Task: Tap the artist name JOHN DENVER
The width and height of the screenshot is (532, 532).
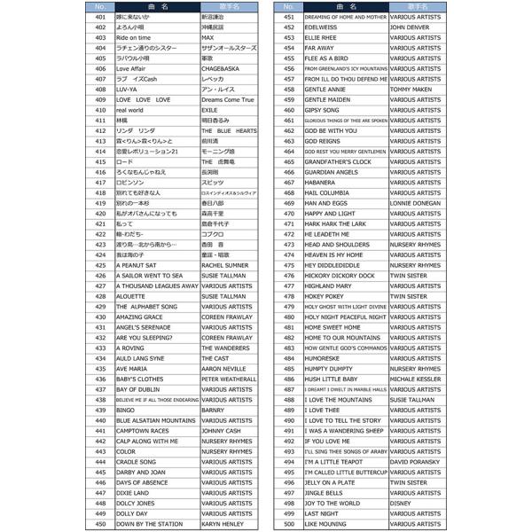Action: [410, 27]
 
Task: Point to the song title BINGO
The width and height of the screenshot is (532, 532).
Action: [126, 411]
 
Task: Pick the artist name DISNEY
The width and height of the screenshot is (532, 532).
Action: [401, 504]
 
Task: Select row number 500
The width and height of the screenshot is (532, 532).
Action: [289, 524]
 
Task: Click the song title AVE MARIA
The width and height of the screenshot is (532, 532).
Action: [131, 369]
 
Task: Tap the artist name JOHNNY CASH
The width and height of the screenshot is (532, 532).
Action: [222, 431]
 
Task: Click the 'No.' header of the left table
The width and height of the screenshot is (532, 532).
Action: [100, 6]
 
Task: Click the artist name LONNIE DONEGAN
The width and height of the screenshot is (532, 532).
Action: [415, 203]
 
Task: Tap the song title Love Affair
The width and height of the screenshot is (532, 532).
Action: [131, 68]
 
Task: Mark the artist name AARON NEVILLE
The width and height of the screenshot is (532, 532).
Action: [223, 369]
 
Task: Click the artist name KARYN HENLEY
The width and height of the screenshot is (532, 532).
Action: [223, 524]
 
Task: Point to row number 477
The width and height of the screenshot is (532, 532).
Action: [289, 286]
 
